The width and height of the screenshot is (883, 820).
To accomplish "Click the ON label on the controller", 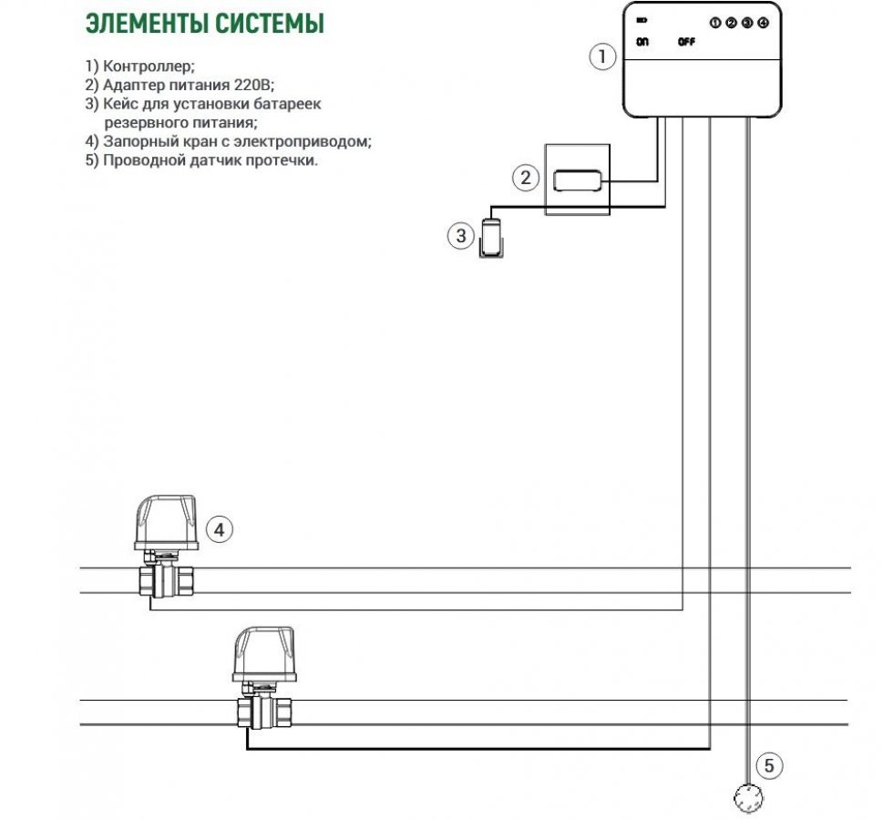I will pyautogui.click(x=642, y=42).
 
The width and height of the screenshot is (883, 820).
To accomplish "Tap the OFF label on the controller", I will pyautogui.click(x=686, y=42).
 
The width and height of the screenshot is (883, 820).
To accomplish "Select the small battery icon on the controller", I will pyautogui.click(x=642, y=20).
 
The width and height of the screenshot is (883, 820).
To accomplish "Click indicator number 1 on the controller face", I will pyautogui.click(x=715, y=22).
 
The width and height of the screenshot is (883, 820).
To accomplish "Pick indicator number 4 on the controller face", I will pyautogui.click(x=763, y=22).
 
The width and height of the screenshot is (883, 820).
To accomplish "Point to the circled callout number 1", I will pyautogui.click(x=601, y=57).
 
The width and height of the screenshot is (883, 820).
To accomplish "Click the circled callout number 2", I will pyautogui.click(x=525, y=178).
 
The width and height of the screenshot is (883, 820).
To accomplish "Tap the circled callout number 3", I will pyautogui.click(x=461, y=237).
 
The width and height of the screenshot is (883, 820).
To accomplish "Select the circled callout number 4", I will pyautogui.click(x=220, y=528).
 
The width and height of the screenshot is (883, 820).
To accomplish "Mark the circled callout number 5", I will pyautogui.click(x=768, y=766).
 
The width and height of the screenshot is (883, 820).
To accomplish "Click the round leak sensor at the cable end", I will pyautogui.click(x=749, y=798).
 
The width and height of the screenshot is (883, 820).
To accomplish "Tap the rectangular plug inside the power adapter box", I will pyautogui.click(x=578, y=179).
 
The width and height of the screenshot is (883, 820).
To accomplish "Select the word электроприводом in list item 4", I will pyautogui.click(x=307, y=142).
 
